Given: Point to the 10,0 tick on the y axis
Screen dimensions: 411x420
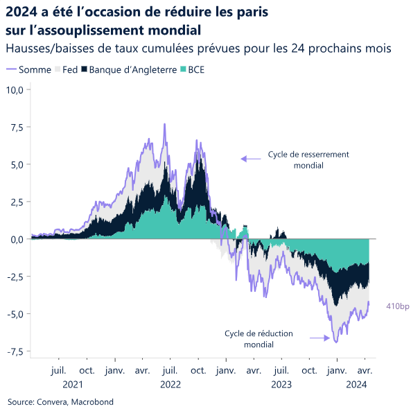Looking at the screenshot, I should [x=16, y=89].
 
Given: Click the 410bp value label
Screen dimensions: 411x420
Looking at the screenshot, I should [x=398, y=305].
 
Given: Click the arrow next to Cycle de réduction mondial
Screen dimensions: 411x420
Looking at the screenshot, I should [x=318, y=338].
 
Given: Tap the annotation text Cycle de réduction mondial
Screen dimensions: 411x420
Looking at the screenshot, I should [x=259, y=339].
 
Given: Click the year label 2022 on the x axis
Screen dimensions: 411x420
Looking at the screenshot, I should [x=170, y=383].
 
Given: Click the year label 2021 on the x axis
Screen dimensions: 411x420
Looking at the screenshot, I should [x=72, y=383].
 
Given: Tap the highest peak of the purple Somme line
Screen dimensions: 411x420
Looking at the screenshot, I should [x=164, y=124].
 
